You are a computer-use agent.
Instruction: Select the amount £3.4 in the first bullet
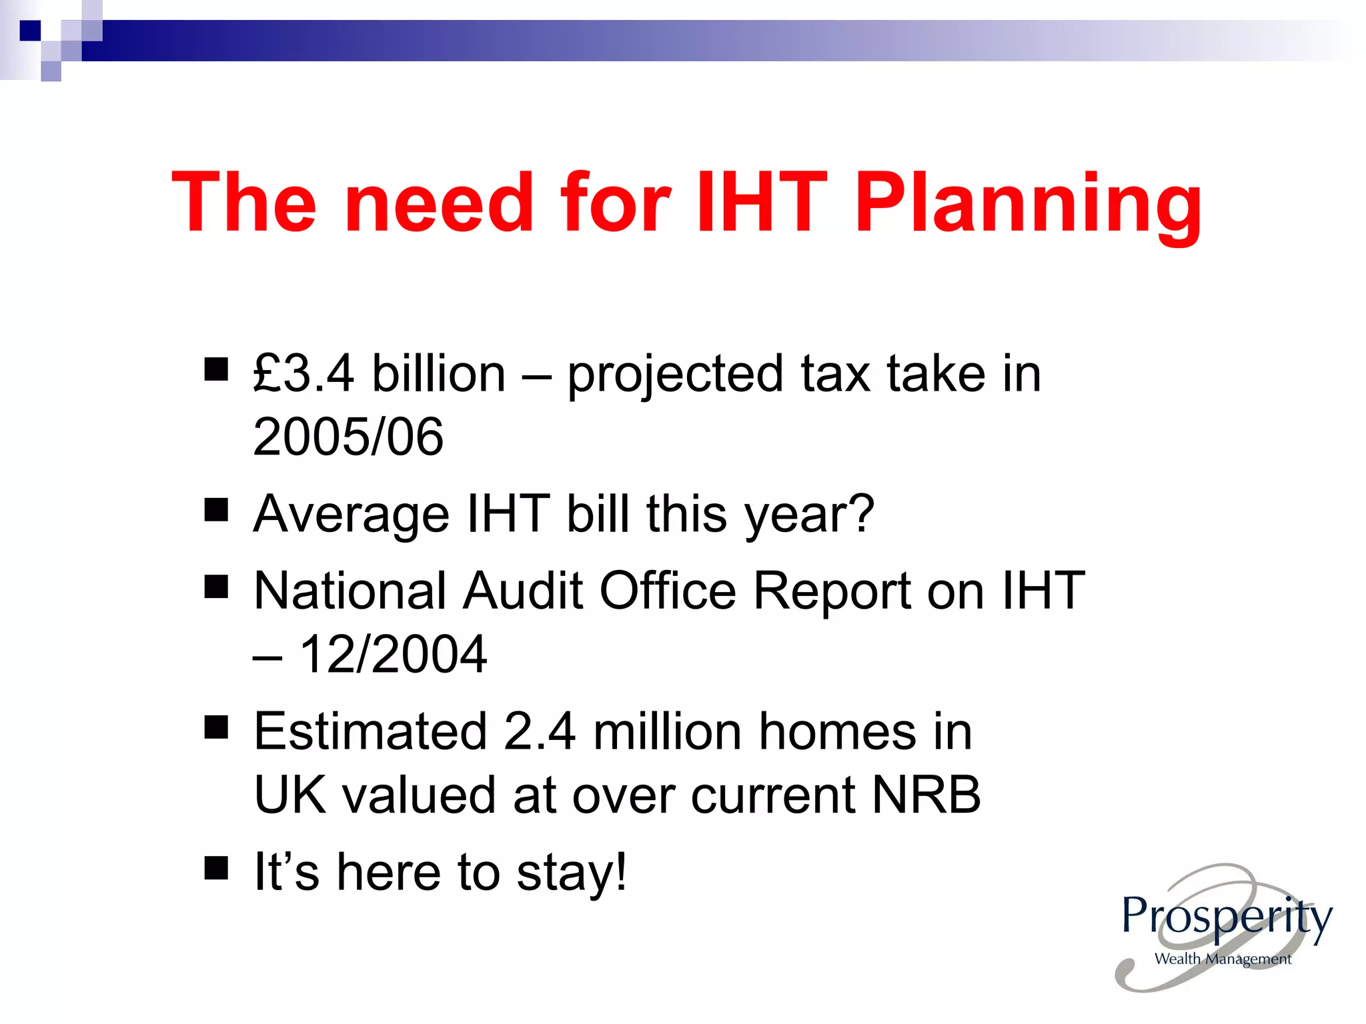303,373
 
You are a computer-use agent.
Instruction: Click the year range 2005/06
348,437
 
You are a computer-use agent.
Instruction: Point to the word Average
352,515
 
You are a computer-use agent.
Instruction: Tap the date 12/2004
394,654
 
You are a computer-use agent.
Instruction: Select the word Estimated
371,732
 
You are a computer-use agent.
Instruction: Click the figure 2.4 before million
540,732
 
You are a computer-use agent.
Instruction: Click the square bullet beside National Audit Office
216,587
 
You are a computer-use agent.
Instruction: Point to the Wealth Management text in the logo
1223,959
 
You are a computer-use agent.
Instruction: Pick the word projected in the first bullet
675,375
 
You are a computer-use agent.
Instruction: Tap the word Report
831,591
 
